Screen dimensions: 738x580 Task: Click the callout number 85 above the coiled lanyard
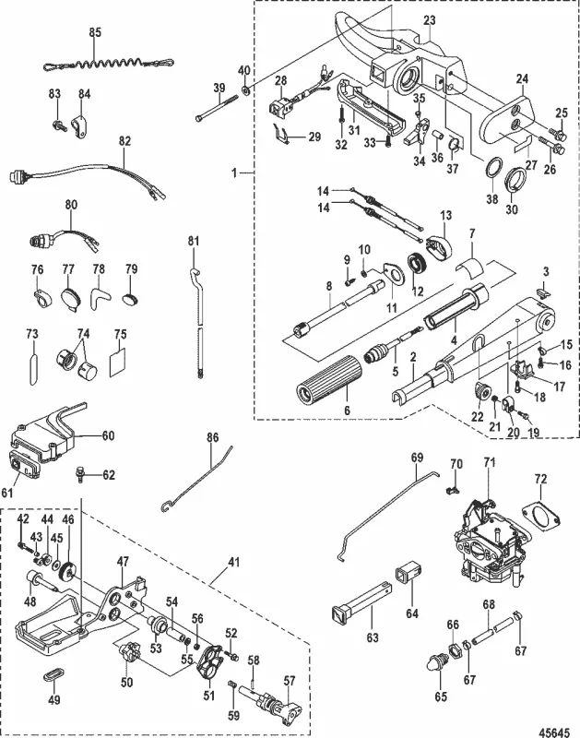click(x=94, y=32)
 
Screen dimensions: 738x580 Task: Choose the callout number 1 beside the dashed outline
click(x=237, y=172)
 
